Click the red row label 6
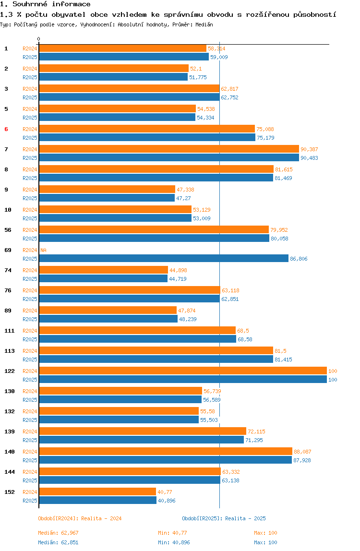pyautogui.click(x=6, y=129)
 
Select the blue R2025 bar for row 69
pyautogui.click(x=164, y=259)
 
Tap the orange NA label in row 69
pyautogui.click(x=43, y=250)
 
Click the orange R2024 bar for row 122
pyautogui.click(x=183, y=371)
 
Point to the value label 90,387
pyautogui.click(x=309, y=149)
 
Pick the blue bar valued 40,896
pyautogui.click(x=98, y=501)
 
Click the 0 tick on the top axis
pyautogui.click(x=39, y=39)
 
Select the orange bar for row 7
pyautogui.click(x=169, y=149)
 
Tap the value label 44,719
pyautogui.click(x=178, y=279)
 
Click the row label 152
pyautogui.click(x=10, y=492)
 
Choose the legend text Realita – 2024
pyautogui.click(x=101, y=518)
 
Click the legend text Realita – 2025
pyautogui.click(x=245, y=518)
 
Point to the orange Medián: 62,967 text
pyautogui.click(x=59, y=533)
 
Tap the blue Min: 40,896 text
pyautogui.click(x=174, y=542)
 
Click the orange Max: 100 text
pyautogui.click(x=265, y=533)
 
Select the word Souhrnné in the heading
pyautogui.click(x=30, y=4)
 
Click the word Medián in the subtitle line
pyautogui.click(x=204, y=24)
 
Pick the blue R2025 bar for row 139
pyautogui.click(x=142, y=440)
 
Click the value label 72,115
pyautogui.click(x=257, y=431)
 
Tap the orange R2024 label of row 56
pyautogui.click(x=30, y=230)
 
